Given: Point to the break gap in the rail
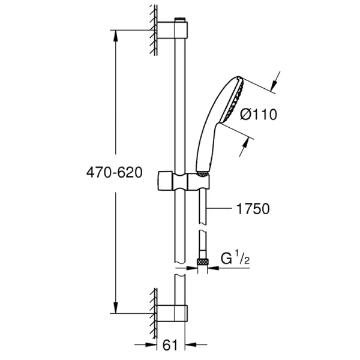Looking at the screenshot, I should pyautogui.click(x=179, y=269).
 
